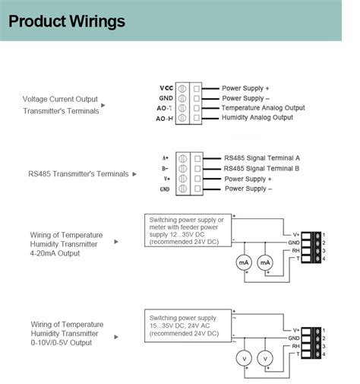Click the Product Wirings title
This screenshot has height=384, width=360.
pos(67,21)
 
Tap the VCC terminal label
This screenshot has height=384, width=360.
pos(166,87)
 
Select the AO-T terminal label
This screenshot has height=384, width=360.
pos(166,108)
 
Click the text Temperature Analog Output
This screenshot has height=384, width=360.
pos(263,108)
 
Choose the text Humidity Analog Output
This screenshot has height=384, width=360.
pos(257,118)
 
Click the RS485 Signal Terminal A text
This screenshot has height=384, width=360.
pos(261,157)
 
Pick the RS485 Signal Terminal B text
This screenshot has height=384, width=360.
pos(261,168)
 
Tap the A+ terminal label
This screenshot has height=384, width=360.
pos(165,157)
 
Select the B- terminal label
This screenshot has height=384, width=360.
pos(165,168)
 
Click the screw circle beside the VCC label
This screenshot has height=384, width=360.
pos(184,88)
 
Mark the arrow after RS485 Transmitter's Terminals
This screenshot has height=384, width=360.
pos(134,174)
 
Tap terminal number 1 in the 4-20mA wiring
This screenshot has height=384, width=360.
pos(324,233)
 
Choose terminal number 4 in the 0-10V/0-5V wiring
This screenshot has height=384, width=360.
pos(324,354)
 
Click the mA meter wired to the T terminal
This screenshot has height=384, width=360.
pos(265,262)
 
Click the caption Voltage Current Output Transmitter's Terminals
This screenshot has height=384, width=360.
pos(61,105)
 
